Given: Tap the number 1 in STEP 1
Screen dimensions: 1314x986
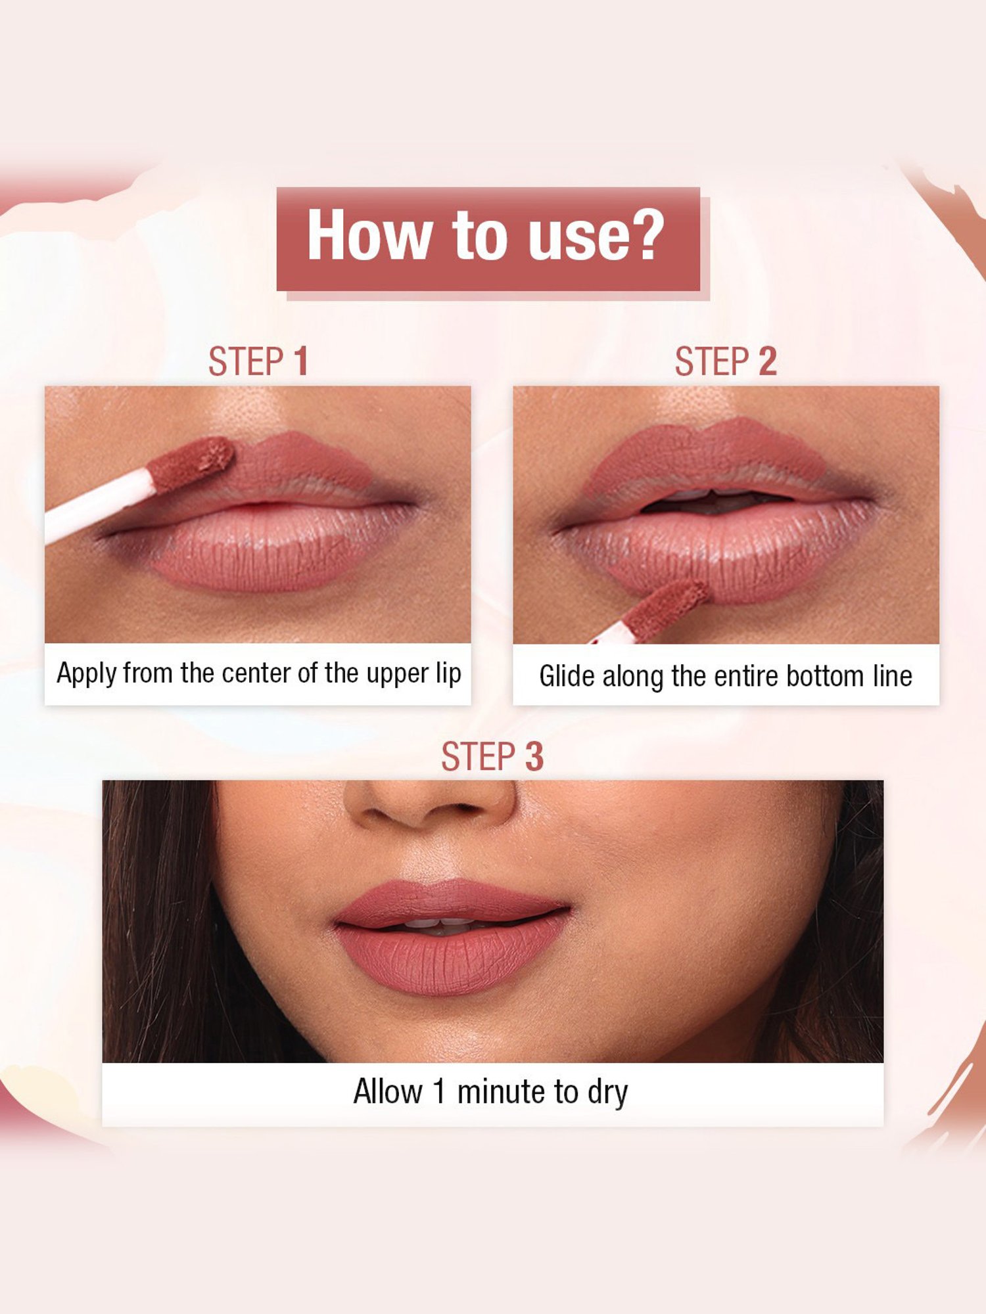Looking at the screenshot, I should tap(300, 362).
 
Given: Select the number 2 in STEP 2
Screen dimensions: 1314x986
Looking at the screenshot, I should tap(768, 362).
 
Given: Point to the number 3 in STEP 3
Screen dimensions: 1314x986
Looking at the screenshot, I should tap(534, 757).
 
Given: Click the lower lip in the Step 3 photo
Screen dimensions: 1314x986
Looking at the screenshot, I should tap(450, 959).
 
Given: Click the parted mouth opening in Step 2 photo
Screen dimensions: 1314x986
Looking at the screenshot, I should tap(716, 503).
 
